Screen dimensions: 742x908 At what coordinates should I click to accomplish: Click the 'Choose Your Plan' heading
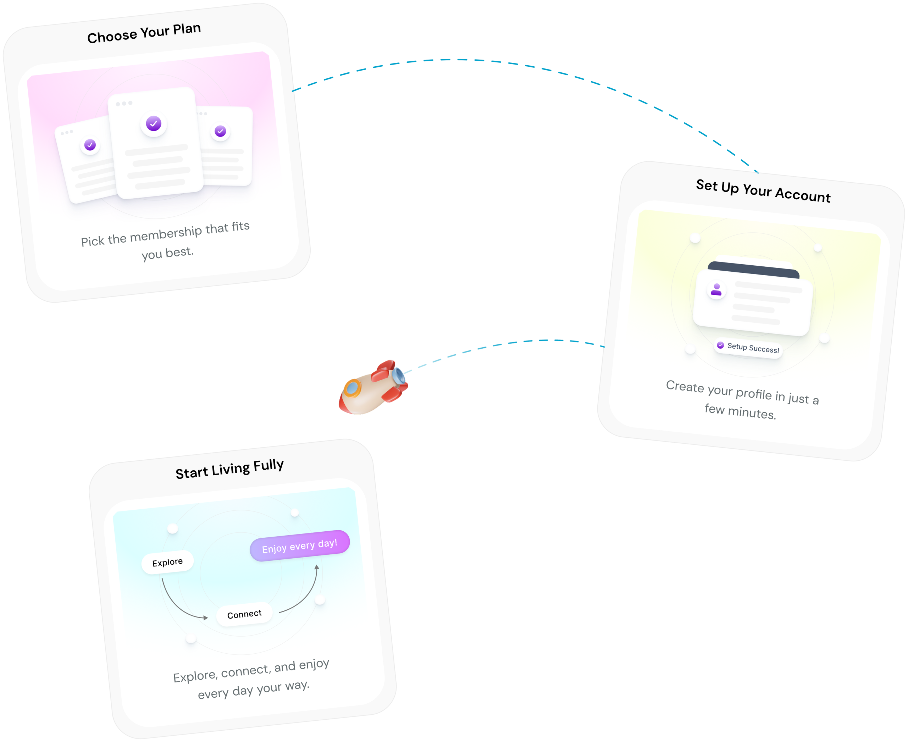coord(144,33)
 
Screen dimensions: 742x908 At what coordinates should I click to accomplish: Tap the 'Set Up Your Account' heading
coord(763,190)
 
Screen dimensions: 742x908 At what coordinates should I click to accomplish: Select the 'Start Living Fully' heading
coord(229,469)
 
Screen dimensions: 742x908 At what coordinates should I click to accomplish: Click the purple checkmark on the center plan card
coord(154,123)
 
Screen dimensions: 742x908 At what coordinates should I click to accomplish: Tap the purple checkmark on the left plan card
coord(90,145)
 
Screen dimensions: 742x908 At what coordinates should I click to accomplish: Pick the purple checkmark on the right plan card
coord(220,131)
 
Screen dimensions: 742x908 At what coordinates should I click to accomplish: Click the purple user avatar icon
coord(716,290)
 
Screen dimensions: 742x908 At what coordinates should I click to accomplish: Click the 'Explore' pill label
coord(167,562)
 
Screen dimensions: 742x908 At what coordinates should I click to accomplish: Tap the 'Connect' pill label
coord(244,614)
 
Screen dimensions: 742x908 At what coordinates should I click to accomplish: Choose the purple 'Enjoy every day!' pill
coord(300,546)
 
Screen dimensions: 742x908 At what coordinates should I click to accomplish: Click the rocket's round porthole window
coord(352,388)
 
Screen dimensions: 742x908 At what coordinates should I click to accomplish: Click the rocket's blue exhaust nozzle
coord(399,376)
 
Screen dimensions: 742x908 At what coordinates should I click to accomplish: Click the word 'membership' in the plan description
coord(166,234)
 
